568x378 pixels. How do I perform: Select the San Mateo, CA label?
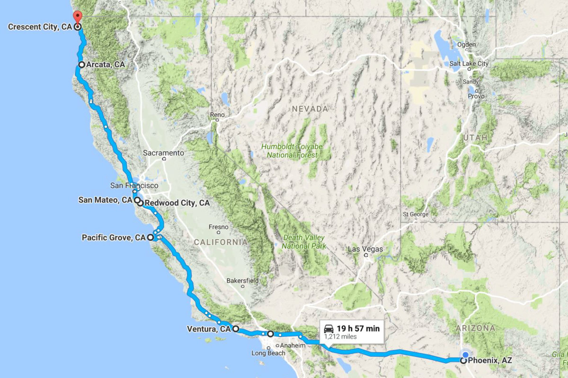105,200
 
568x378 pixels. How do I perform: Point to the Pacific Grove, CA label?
114,237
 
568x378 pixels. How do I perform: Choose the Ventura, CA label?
208,329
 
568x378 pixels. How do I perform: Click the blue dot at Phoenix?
465,355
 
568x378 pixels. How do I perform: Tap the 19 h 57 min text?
358,328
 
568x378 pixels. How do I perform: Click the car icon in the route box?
328,328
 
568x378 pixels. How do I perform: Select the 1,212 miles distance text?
340,337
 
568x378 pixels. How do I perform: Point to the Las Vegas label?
365,249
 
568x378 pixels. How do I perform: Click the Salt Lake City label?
470,64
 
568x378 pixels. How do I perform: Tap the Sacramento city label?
163,153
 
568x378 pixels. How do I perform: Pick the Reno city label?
217,115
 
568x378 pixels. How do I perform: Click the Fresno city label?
219,227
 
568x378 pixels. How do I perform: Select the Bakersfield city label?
242,281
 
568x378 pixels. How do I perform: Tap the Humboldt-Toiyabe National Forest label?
292,151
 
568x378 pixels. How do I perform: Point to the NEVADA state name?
310,109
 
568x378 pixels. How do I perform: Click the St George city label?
416,214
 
